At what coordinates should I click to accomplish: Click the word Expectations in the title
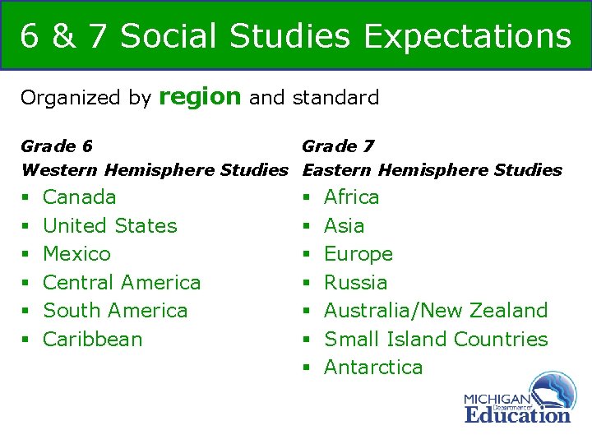pyautogui.click(x=467, y=36)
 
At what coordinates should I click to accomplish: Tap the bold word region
pyautogui.click(x=200, y=97)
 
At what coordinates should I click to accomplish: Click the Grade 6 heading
pyautogui.click(x=56, y=146)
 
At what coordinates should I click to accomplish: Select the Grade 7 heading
pyautogui.click(x=338, y=146)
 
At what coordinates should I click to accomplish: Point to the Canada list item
pyautogui.click(x=79, y=197)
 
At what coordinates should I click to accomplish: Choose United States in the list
pyautogui.click(x=109, y=225)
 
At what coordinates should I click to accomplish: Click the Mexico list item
pyautogui.click(x=76, y=254)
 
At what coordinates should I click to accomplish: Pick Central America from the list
pyautogui.click(x=122, y=282)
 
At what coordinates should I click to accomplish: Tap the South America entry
pyautogui.click(x=115, y=311)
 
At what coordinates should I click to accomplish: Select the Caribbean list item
pyautogui.click(x=92, y=339)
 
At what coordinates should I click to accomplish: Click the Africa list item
pyautogui.click(x=352, y=197)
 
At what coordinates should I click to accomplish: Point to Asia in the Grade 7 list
pyautogui.click(x=345, y=225)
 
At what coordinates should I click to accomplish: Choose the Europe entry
pyautogui.click(x=358, y=254)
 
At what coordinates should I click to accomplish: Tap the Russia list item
pyautogui.click(x=356, y=282)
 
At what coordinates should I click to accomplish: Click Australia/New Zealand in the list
pyautogui.click(x=436, y=311)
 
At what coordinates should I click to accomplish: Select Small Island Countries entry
pyautogui.click(x=436, y=339)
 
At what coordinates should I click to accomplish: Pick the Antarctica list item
pyautogui.click(x=373, y=368)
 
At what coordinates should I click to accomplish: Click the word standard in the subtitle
pyautogui.click(x=335, y=98)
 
